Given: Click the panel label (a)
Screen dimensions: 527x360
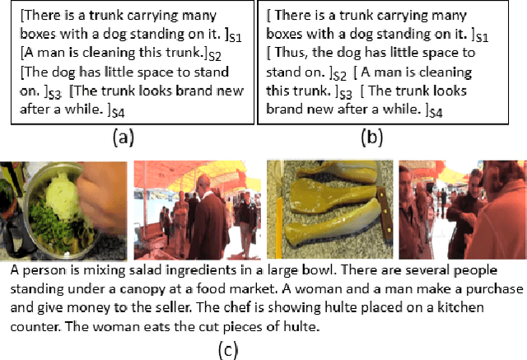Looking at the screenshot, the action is click(x=124, y=138).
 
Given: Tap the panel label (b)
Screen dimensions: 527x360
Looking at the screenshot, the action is click(x=371, y=138).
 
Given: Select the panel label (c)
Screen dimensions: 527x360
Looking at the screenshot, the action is click(x=228, y=349).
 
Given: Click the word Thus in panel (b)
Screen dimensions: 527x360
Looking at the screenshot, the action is click(x=291, y=53).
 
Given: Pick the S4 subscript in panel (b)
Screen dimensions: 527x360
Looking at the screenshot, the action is click(x=436, y=113).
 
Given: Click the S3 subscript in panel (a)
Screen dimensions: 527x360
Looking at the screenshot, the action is click(x=55, y=95).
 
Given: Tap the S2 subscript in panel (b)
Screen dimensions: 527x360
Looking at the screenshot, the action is click(x=339, y=76).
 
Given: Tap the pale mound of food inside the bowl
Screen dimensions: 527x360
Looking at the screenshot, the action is click(x=62, y=194).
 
